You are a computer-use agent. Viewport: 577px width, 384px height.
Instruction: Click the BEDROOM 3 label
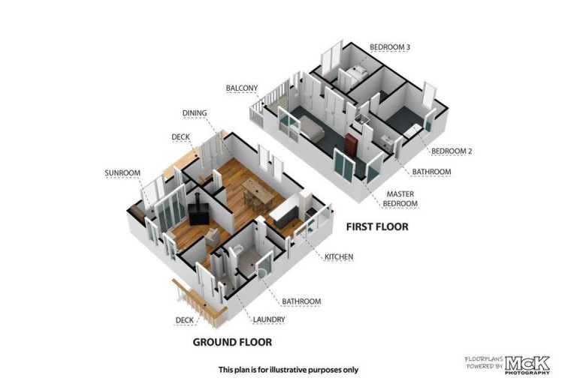tap(389, 47)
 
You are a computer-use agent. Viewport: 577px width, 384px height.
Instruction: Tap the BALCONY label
tap(242, 88)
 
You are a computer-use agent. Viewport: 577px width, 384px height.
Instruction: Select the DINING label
tap(195, 113)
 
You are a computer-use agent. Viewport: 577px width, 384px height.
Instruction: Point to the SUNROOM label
tap(122, 173)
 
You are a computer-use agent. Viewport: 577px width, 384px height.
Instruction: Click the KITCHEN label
tap(339, 256)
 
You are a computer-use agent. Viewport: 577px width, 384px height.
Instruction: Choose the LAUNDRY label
tap(269, 319)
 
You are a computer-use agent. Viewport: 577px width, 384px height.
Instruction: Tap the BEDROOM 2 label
tap(452, 151)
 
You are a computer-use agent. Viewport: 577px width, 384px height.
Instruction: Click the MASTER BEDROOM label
tap(400, 199)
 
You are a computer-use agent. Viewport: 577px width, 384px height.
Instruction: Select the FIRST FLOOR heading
tap(377, 226)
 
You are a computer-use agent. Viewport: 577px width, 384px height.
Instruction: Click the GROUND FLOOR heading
tap(232, 342)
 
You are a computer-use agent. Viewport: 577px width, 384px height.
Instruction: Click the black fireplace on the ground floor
tap(198, 213)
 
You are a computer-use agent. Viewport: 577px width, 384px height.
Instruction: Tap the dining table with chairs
tap(258, 193)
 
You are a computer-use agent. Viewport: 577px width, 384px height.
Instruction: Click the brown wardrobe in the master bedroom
tap(351, 144)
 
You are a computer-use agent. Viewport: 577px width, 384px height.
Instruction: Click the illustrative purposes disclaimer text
tap(288, 370)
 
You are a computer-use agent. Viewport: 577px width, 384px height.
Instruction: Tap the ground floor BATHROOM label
tap(301, 301)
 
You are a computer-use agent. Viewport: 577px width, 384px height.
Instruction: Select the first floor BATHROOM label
tap(431, 172)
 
